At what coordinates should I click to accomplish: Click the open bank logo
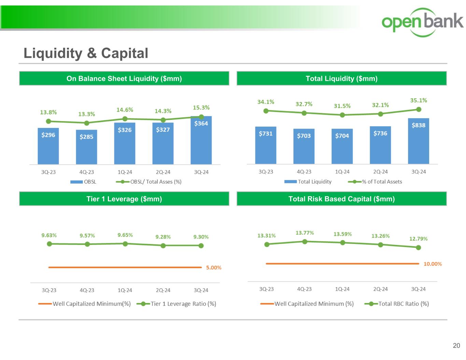point(422,22)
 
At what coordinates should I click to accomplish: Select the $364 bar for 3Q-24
point(201,140)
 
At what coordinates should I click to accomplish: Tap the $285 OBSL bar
point(86,147)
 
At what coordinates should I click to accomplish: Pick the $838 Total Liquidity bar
point(419,141)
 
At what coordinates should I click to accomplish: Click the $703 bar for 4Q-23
point(304,146)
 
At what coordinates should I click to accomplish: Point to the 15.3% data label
point(201,107)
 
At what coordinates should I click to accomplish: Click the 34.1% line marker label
point(266,102)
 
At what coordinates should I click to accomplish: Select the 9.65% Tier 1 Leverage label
point(125,235)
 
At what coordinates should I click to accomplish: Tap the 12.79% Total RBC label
point(418,239)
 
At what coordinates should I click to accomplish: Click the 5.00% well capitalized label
point(214,268)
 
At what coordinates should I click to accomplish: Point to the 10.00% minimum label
point(433,264)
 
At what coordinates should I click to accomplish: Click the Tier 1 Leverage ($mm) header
point(124,199)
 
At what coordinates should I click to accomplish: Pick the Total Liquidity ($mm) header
point(341,78)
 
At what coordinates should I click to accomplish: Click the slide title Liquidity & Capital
point(86,53)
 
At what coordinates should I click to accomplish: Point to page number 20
point(456,346)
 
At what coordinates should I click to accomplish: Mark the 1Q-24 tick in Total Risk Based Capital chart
point(342,289)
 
